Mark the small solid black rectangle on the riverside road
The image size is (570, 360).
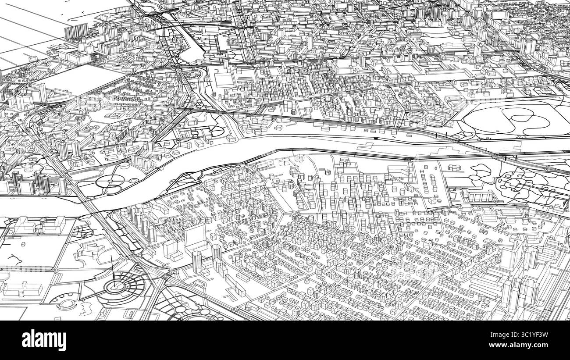tap(375, 138)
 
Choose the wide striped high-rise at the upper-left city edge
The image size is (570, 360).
tap(76, 31)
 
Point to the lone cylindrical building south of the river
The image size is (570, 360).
tap(327, 172)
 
